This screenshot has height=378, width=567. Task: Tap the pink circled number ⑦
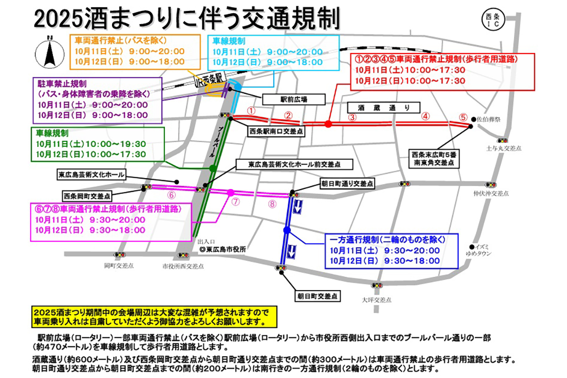click(x=236, y=201)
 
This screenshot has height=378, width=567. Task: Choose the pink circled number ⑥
click(x=172, y=194)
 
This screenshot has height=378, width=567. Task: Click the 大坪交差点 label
click(x=377, y=300)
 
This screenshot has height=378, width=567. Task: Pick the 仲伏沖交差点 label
click(x=491, y=194)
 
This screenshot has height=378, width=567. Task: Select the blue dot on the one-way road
click(x=286, y=230)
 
